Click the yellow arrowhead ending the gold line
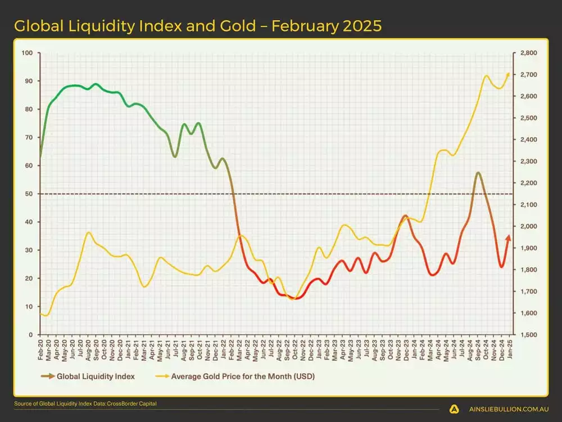pos(508,74)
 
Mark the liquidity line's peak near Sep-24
pos(478,173)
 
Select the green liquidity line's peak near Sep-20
pos(96,84)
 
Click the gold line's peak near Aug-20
pos(88,232)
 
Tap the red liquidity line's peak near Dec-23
pos(405,216)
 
